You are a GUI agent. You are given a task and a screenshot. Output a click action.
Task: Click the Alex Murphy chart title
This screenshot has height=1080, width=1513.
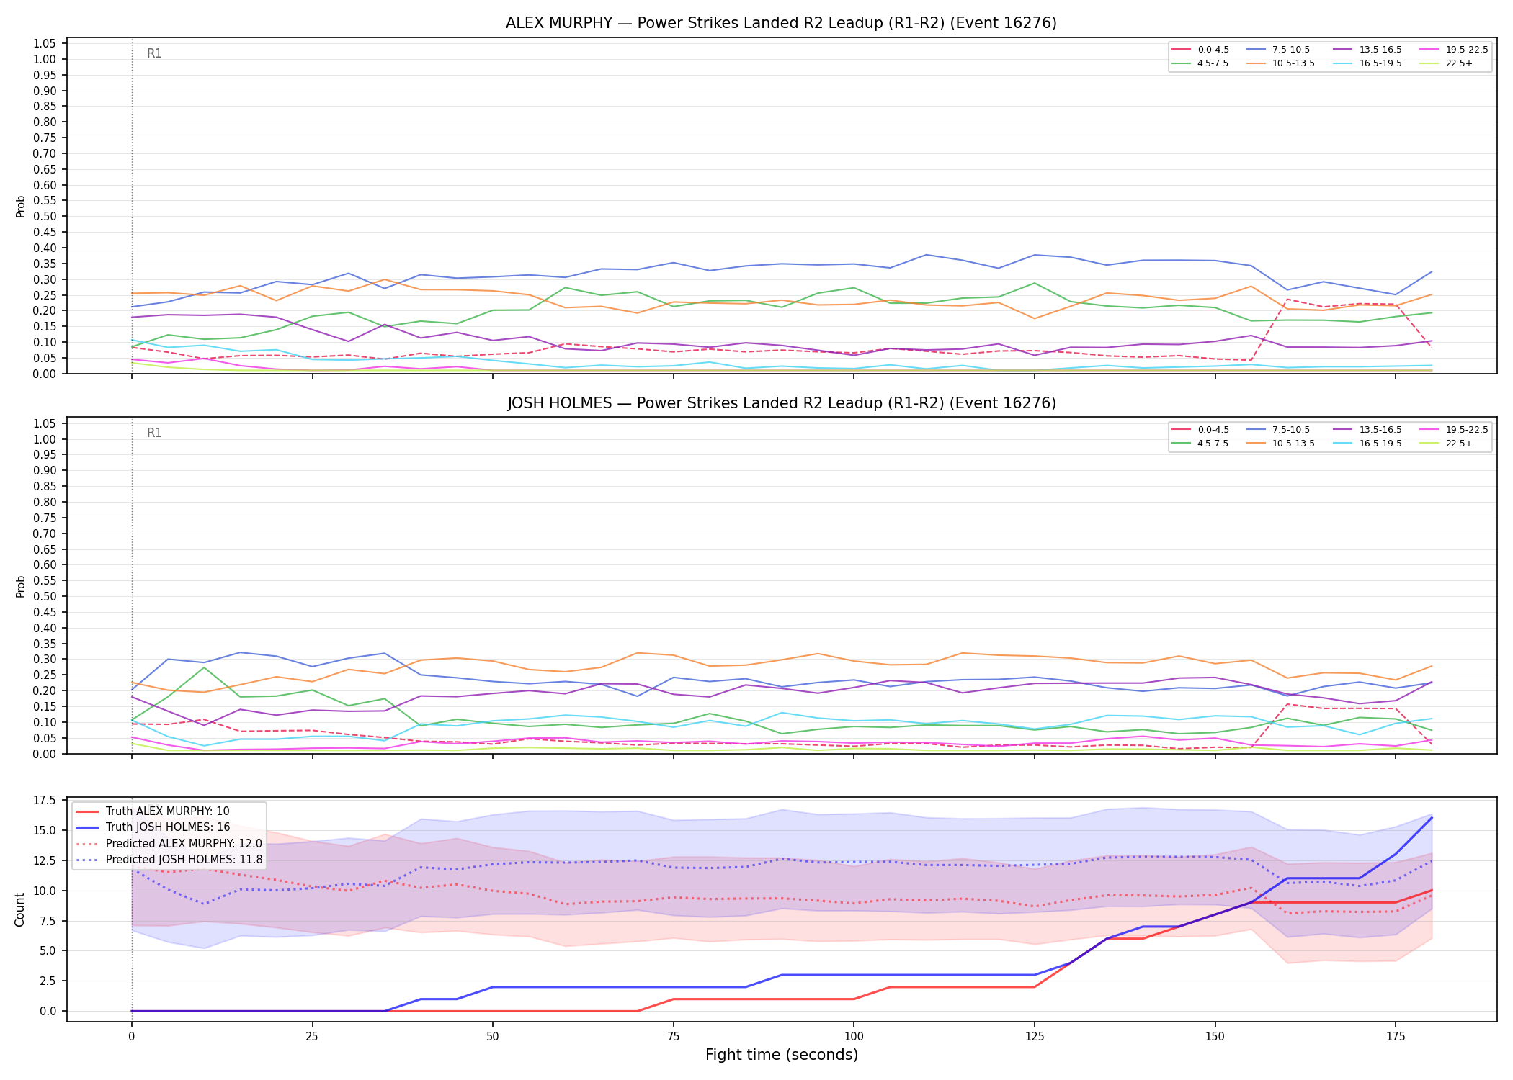[781, 23]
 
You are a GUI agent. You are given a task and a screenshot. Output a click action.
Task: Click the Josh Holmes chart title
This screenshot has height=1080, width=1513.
[782, 403]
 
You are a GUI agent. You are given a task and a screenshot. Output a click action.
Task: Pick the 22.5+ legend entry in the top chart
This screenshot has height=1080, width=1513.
[1446, 63]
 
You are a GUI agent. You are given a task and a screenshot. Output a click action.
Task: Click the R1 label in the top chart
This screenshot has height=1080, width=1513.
[154, 53]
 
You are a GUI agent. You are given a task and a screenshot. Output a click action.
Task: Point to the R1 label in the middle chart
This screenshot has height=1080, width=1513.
[154, 433]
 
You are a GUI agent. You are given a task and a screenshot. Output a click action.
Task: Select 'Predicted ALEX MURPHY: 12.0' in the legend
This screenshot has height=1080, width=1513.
[169, 843]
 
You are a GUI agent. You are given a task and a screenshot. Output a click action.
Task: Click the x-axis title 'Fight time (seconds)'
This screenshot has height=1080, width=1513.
[782, 1055]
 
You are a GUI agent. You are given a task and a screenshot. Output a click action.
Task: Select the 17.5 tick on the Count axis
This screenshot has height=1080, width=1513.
[45, 801]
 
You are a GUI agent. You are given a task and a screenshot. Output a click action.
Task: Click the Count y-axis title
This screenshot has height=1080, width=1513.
[19, 909]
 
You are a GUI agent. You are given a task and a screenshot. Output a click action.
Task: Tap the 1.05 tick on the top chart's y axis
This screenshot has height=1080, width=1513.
[45, 44]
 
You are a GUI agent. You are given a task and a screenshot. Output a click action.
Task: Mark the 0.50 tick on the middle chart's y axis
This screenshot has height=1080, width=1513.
[45, 596]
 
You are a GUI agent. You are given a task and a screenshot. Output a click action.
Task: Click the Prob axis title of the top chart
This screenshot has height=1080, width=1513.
[20, 207]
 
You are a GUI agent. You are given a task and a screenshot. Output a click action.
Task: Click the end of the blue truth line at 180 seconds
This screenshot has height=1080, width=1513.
[1431, 818]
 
